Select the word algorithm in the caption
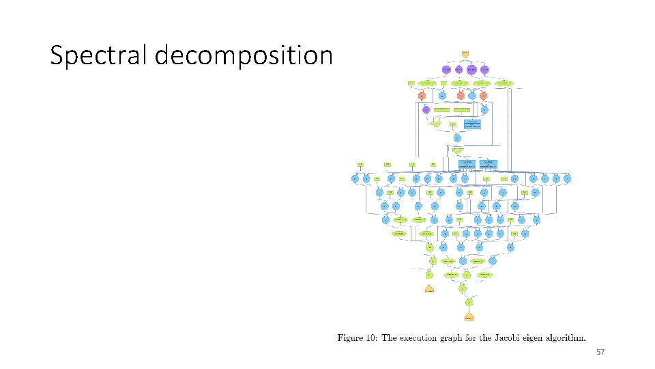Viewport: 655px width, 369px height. tap(567, 337)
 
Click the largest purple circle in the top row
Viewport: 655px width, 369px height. tap(471, 69)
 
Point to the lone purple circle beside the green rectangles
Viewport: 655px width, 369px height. tap(426, 109)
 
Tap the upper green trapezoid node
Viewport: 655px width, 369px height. tap(436, 124)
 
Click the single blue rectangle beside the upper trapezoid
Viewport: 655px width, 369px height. tap(471, 124)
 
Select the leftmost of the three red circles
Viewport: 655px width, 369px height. tap(422, 96)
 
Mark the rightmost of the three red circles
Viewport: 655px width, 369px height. tap(484, 96)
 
